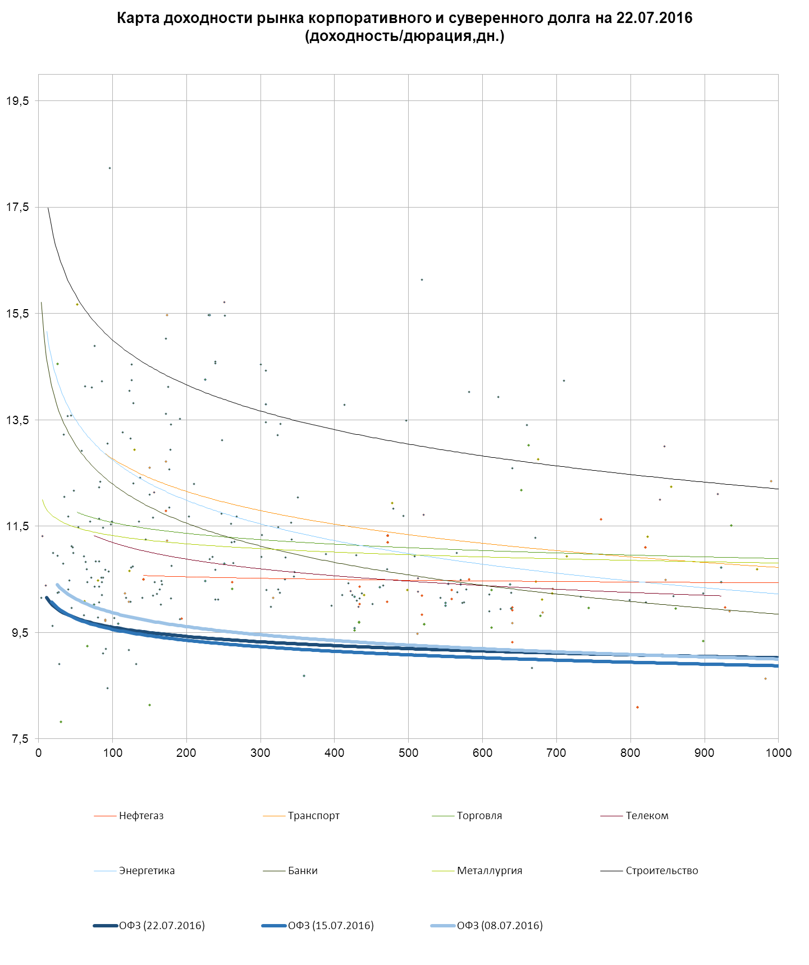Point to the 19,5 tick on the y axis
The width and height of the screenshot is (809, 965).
tap(17, 101)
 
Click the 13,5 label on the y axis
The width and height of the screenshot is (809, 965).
tap(17, 420)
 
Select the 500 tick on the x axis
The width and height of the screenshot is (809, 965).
tap(408, 753)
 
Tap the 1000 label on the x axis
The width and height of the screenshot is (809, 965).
tap(778, 753)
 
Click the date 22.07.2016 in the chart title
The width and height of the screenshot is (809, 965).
tap(654, 18)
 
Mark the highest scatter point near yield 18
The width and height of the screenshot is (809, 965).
tap(109, 168)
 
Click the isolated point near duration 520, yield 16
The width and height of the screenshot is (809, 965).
tap(422, 279)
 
